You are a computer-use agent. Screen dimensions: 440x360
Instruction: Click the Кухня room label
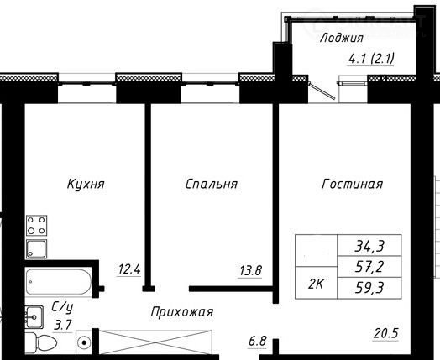tap(86, 185)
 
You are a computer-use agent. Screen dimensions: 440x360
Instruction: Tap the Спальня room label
tap(212, 185)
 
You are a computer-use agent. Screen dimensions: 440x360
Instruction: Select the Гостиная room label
tap(353, 185)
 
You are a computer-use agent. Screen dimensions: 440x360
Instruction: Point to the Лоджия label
tap(342, 38)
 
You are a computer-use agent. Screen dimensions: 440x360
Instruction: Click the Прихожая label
tap(182, 312)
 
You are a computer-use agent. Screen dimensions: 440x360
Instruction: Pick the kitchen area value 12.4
tap(129, 269)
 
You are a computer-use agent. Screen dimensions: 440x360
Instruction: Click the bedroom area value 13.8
tap(250, 271)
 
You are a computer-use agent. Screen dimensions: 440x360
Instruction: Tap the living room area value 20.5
tap(386, 333)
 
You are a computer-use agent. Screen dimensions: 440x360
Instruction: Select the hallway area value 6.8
tap(257, 342)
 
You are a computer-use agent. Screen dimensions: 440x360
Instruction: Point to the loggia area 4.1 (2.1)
tap(371, 59)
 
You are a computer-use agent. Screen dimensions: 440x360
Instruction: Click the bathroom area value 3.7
tap(63, 326)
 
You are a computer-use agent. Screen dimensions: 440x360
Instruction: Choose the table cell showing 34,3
tap(369, 245)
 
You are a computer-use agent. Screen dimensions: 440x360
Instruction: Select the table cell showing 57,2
tap(369, 267)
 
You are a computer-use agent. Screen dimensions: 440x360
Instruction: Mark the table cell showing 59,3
tap(369, 288)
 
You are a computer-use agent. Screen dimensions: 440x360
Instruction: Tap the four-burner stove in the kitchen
tap(36, 226)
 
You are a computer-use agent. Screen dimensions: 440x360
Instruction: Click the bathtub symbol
tap(59, 282)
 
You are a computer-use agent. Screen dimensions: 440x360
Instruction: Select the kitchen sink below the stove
tap(36, 249)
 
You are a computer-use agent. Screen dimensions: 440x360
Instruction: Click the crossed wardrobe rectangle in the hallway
tap(155, 342)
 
